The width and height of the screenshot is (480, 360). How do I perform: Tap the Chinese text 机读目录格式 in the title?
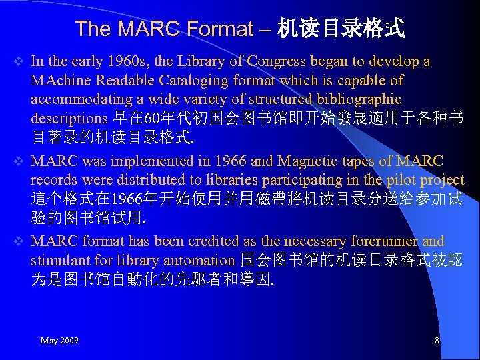pos(341,29)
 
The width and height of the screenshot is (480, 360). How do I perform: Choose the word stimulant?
pos(59,259)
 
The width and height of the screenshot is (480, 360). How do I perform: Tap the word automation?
pos(200,259)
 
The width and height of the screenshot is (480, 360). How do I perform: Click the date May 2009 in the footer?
pos(59,341)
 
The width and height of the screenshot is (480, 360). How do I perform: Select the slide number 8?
pos(437,341)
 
